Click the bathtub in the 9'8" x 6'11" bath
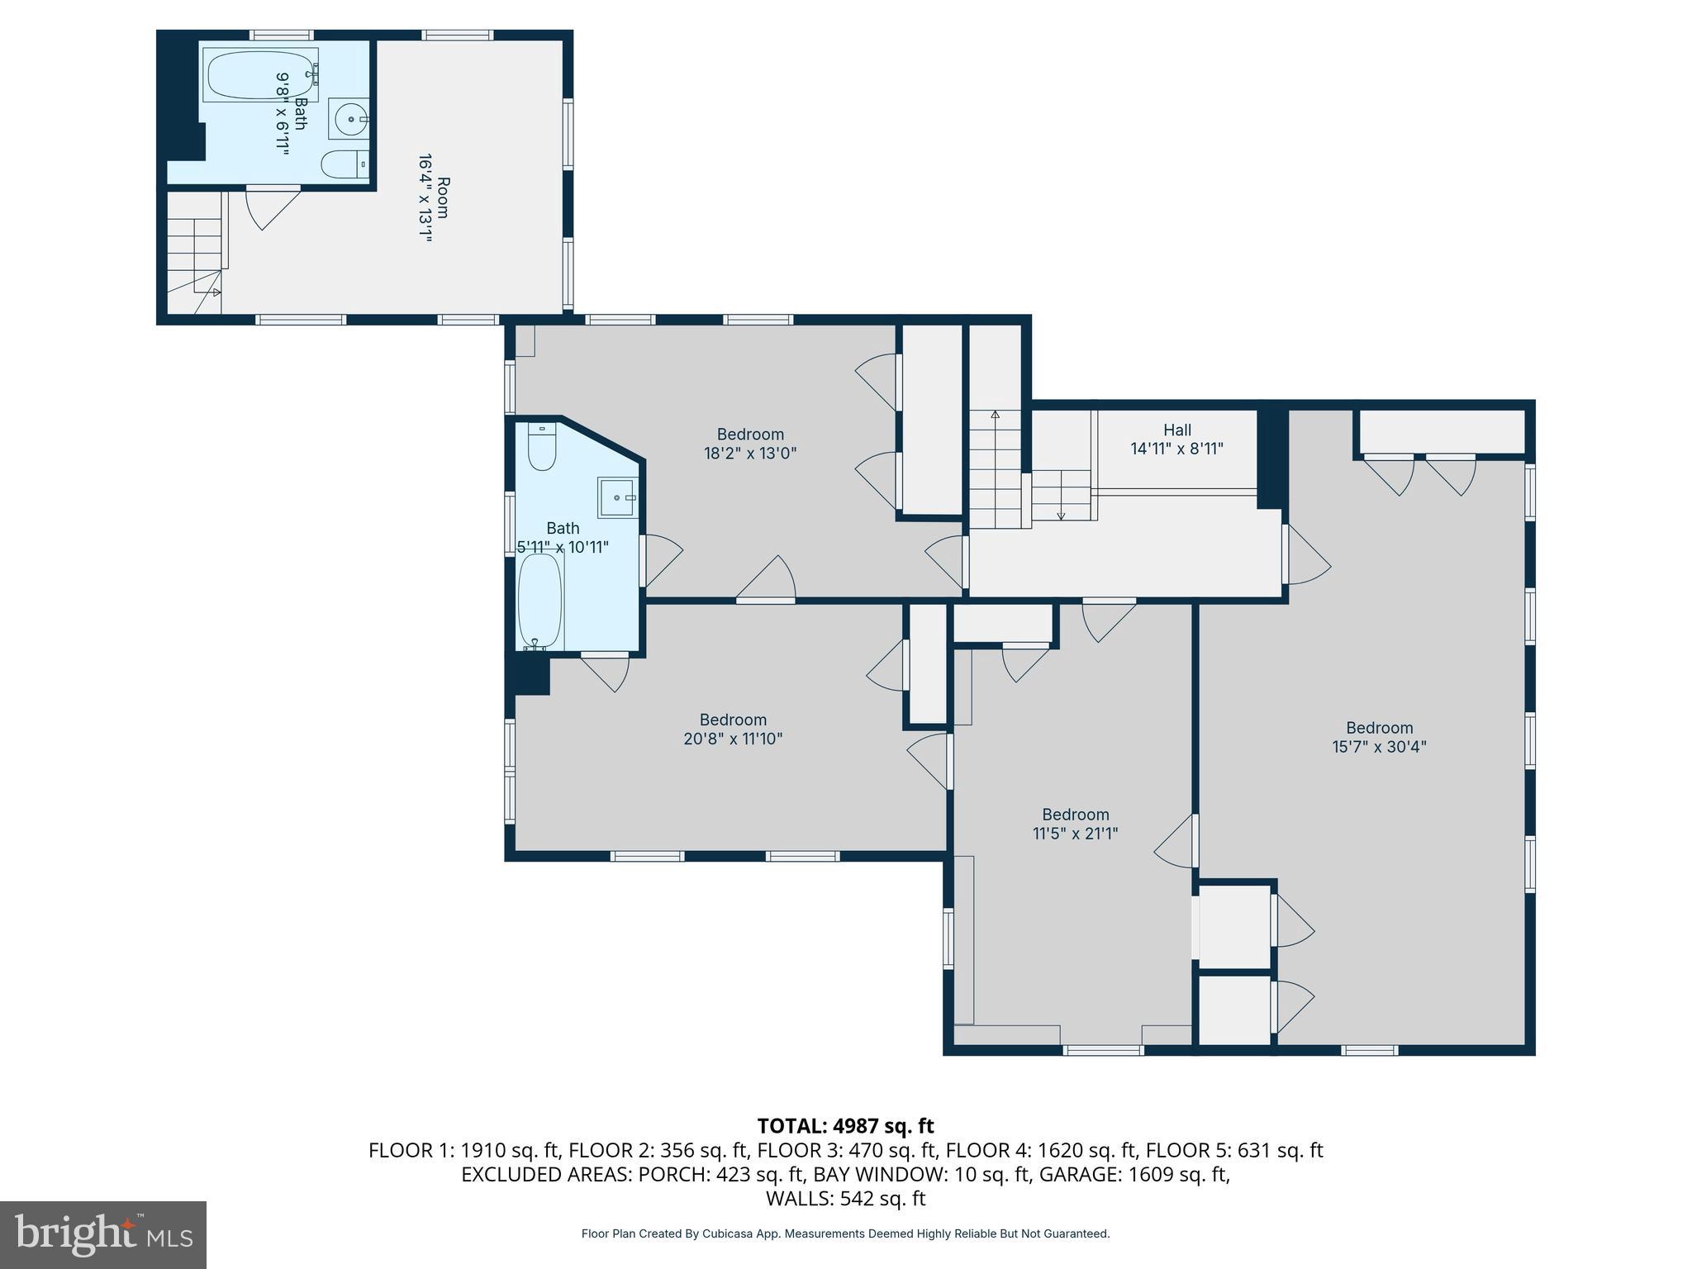259,75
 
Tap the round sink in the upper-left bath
350,120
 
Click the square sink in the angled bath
616,497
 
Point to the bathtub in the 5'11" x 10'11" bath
540,601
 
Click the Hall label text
1176,430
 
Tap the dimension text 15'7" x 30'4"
1379,747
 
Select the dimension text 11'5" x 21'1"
1075,834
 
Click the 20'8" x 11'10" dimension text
733,739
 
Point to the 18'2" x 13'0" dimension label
750,453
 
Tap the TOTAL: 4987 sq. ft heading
845,1126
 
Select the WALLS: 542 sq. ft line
845,1198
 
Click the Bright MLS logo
103,1234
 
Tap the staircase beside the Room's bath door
196,248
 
